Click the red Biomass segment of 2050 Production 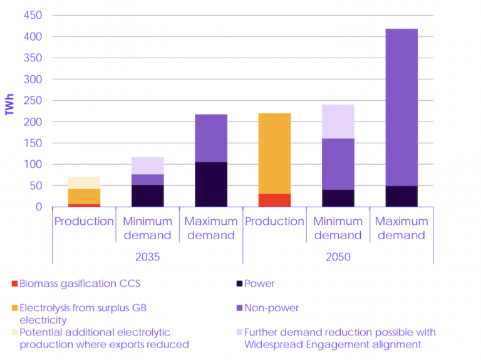[274, 200]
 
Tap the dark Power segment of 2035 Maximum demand [211, 184]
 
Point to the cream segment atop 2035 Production [84, 183]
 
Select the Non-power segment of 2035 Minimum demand [148, 180]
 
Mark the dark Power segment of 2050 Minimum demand [338, 198]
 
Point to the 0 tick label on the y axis [38, 207]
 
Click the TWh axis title [9, 105]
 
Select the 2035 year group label [148, 257]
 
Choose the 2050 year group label [338, 257]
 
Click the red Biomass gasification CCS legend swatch [14, 284]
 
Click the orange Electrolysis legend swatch [14, 308]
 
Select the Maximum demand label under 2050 [401, 229]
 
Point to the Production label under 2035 [84, 222]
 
